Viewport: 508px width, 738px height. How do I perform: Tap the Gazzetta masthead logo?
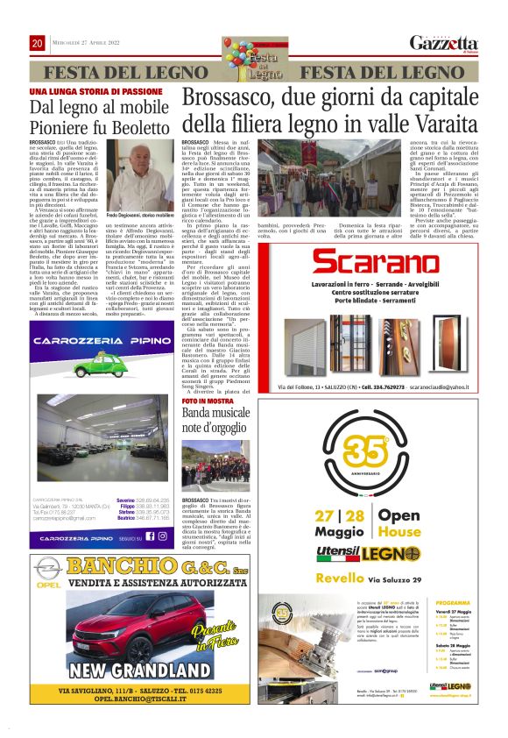pyautogui.click(x=444, y=43)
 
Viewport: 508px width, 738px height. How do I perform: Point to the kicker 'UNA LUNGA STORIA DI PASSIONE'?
pyautogui.click(x=96, y=91)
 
